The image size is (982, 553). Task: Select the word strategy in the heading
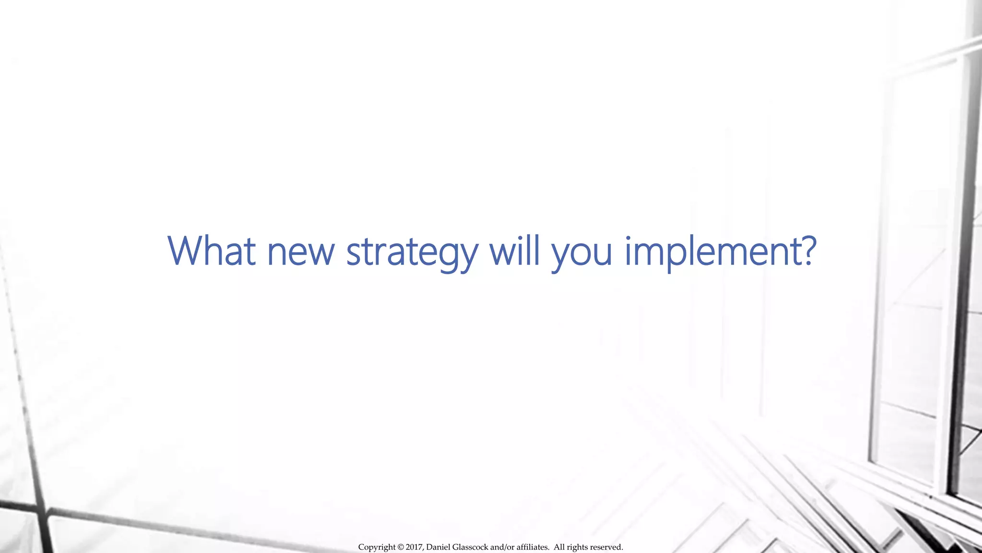tap(412, 252)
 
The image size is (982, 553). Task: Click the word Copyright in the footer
tap(377, 547)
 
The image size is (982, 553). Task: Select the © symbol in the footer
tap(401, 547)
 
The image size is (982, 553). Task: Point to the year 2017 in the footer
tap(415, 547)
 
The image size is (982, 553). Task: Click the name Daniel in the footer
tap(438, 547)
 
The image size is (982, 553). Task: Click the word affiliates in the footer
tap(532, 547)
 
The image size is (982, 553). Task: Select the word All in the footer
tap(559, 547)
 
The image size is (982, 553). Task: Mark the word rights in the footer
tap(577, 547)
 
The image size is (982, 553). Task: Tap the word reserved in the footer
tap(606, 547)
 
